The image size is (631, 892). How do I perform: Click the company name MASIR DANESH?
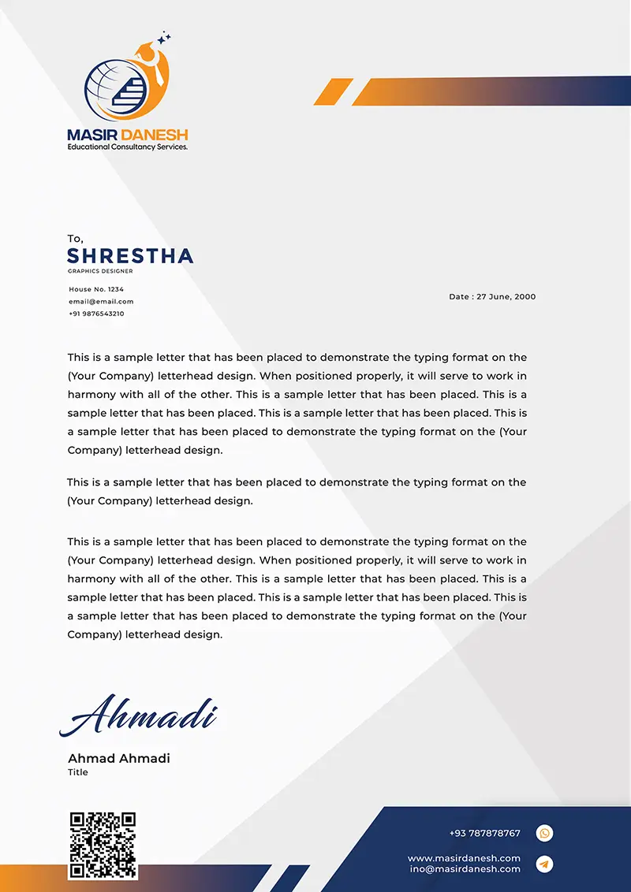pos(128,135)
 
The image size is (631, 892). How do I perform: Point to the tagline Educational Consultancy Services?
pos(128,147)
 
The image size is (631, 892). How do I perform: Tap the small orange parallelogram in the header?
pos(333,92)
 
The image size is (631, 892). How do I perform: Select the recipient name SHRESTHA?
pos(130,255)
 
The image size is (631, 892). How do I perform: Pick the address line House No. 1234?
pos(96,289)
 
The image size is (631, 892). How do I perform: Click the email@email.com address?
pos(101,301)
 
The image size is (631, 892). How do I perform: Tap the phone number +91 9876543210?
pos(96,314)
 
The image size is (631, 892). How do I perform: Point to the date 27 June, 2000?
pos(492,297)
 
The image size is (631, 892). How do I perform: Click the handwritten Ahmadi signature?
pos(139,715)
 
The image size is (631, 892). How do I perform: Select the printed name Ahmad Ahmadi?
pos(119,759)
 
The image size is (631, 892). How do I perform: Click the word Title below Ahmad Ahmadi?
pos(78,772)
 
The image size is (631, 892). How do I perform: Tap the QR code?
pos(103,845)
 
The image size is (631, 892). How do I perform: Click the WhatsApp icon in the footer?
pos(544,833)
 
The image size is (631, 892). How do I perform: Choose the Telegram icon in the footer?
pos(544,864)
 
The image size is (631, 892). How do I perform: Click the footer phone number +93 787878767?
pos(484,834)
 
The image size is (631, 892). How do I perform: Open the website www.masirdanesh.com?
pos(464,858)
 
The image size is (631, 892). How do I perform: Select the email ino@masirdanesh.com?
pos(465,869)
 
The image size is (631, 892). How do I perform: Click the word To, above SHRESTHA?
pos(75,239)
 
